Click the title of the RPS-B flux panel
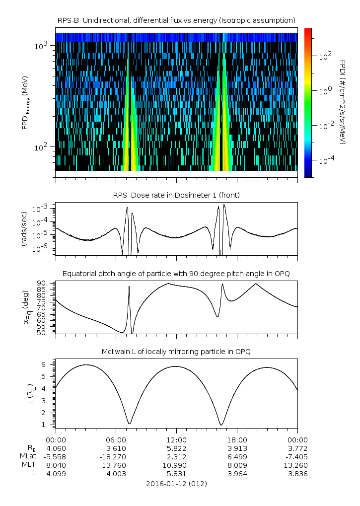click(176, 20)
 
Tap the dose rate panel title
click(176, 195)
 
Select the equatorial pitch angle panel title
click(176, 274)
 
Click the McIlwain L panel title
click(176, 352)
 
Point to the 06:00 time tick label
click(116, 439)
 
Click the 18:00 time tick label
click(237, 439)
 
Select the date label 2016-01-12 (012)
click(176, 483)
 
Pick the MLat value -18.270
click(116, 456)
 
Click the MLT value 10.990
click(176, 465)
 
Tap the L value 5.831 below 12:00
click(176, 474)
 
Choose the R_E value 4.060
click(56, 448)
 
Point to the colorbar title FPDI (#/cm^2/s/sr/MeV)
click(343, 102)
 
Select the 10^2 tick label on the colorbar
click(325, 57)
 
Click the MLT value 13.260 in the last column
click(297, 465)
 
